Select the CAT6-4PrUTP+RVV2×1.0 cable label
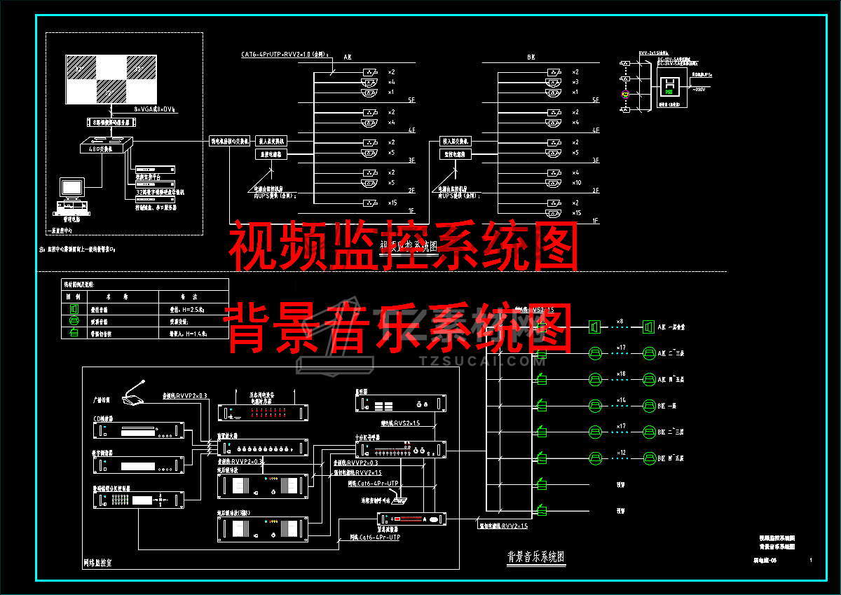[x=284, y=54]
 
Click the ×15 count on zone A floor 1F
[x=391, y=203]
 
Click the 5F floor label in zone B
[x=596, y=101]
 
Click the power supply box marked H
[x=669, y=85]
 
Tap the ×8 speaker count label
[x=620, y=322]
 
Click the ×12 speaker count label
[x=620, y=453]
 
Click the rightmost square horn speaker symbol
[x=648, y=327]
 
